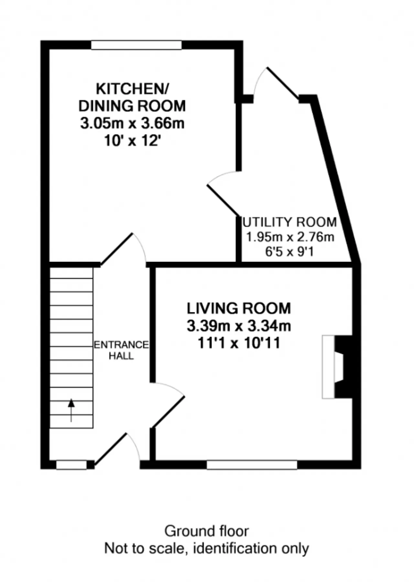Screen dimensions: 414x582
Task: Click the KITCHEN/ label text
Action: [132, 89]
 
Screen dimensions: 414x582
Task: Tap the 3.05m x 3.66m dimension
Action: [132, 123]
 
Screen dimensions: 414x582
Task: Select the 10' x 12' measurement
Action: [132, 140]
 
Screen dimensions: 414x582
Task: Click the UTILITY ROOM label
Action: [290, 222]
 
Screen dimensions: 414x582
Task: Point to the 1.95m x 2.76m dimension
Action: [290, 237]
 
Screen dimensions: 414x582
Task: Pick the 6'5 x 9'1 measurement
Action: [289, 252]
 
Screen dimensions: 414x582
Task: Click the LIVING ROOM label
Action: [239, 308]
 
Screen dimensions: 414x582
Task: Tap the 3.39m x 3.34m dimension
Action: [239, 326]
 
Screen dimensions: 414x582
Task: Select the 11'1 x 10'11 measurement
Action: [239, 343]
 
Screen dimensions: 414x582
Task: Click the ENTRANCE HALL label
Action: [121, 350]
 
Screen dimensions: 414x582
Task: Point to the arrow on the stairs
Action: [71, 410]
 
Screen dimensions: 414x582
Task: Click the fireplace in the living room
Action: [337, 367]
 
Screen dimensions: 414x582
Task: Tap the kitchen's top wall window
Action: [136, 45]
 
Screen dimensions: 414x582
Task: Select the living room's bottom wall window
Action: [252, 465]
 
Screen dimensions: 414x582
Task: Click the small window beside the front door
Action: [71, 465]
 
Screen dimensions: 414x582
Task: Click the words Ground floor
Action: [207, 531]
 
